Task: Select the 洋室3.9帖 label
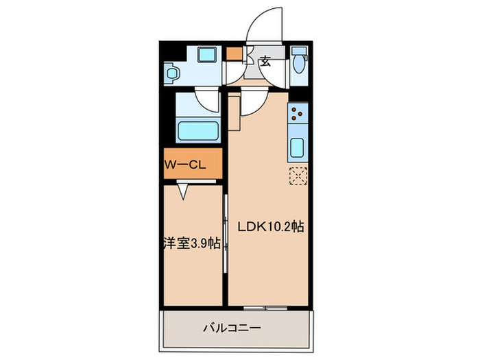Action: pos(191,243)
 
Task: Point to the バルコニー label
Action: pos(232,328)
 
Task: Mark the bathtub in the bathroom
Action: pos(197,130)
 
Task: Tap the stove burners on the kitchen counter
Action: pos(298,113)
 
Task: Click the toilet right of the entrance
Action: pos(298,62)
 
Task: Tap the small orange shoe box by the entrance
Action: pos(235,53)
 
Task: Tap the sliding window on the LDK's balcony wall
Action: pos(266,306)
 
